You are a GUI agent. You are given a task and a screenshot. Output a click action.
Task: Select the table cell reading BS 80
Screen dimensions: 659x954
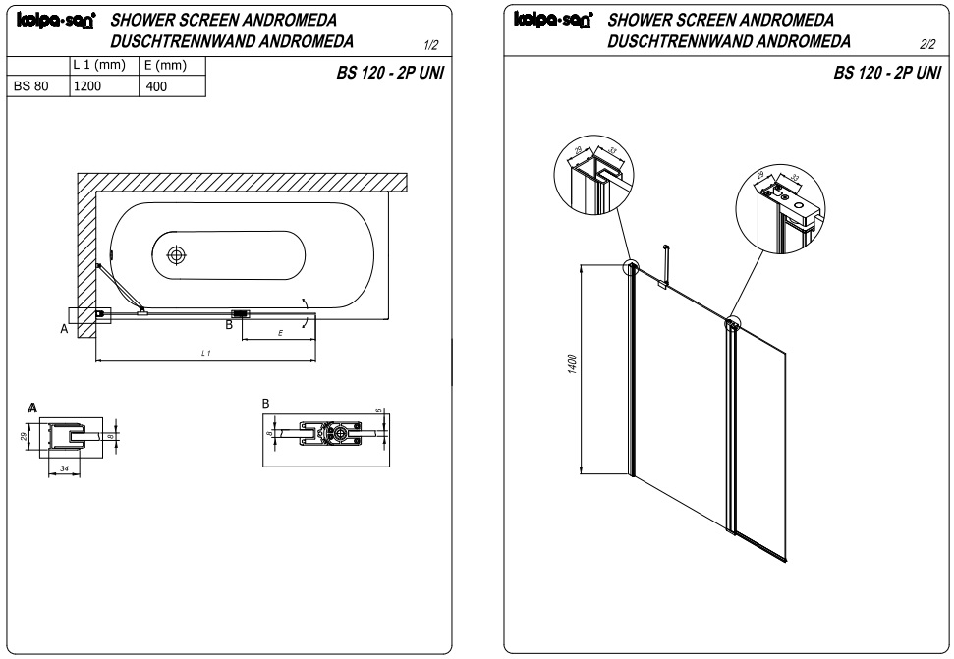coord(35,86)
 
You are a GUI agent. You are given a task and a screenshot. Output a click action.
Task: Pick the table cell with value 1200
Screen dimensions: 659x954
coord(86,86)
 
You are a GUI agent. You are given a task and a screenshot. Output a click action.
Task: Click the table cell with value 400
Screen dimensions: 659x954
coord(157,86)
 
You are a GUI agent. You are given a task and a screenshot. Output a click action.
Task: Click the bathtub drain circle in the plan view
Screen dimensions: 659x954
coord(177,254)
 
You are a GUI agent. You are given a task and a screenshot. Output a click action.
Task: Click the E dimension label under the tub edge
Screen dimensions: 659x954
coord(280,334)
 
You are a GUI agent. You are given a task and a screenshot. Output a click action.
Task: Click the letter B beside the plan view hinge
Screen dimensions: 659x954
coord(229,324)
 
